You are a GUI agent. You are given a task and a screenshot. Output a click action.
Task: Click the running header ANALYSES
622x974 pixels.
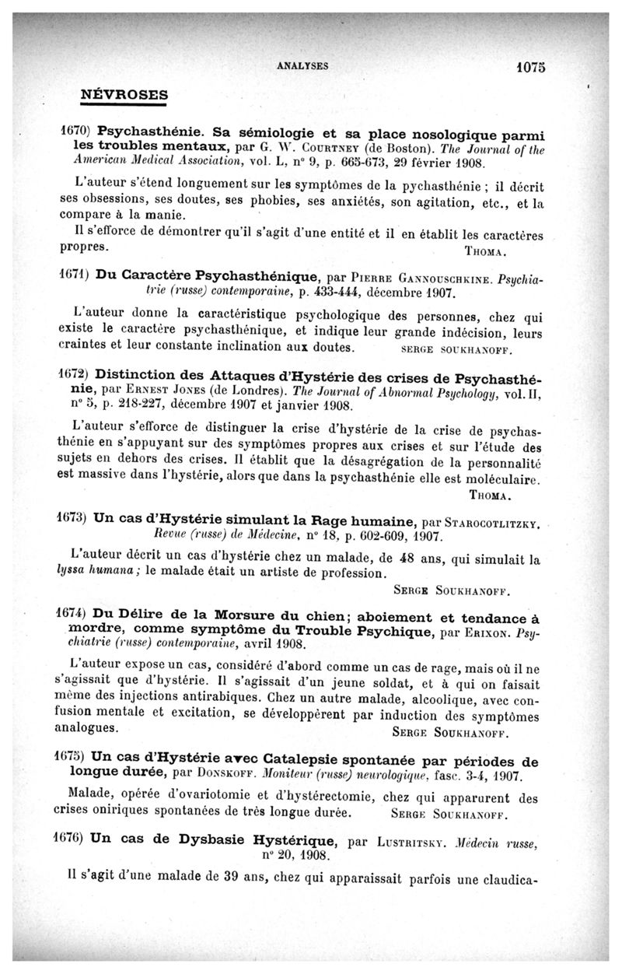(x=305, y=67)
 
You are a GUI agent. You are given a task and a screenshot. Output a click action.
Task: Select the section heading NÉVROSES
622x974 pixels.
(x=124, y=94)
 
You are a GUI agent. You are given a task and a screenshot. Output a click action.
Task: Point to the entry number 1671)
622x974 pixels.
(x=77, y=276)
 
